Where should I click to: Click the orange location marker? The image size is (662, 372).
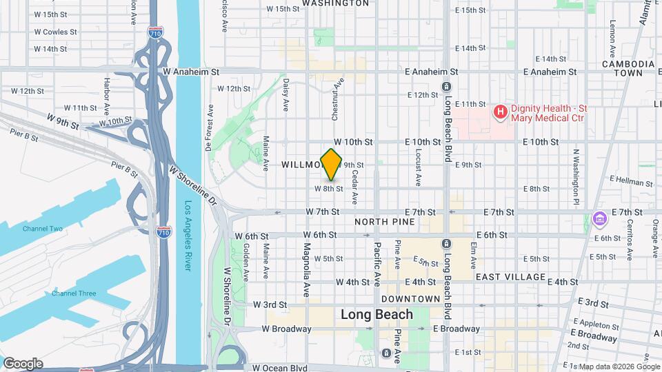[x=332, y=164]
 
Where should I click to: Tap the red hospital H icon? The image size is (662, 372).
[x=500, y=111]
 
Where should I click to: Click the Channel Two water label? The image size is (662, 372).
[x=42, y=229]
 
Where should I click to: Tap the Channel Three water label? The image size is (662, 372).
[x=73, y=293]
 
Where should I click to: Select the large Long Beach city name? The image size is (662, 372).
[x=377, y=315]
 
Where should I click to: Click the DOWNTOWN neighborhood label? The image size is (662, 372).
[x=410, y=299]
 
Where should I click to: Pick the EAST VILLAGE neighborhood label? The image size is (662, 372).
[x=511, y=277]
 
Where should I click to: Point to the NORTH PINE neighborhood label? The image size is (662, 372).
[x=385, y=222]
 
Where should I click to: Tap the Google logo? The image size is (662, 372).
[x=22, y=363]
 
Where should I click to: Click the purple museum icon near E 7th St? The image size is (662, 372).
[x=599, y=220]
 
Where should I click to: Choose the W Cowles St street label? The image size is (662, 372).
[x=50, y=32]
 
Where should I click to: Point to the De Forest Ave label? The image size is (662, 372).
[x=209, y=127]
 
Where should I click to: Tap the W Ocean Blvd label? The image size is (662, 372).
[x=279, y=369]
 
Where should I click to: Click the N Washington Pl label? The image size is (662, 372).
[x=576, y=176]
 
